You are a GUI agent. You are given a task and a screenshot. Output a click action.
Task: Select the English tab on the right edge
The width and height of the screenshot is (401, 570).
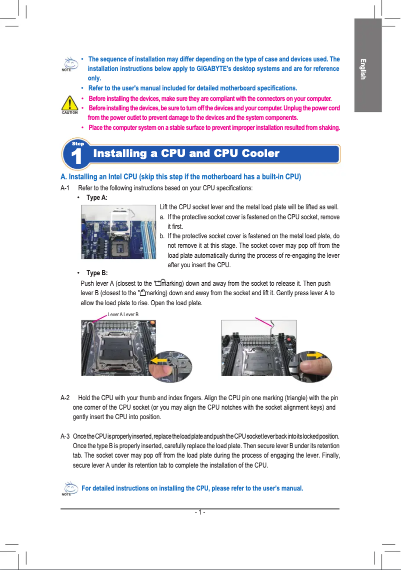point(363,69)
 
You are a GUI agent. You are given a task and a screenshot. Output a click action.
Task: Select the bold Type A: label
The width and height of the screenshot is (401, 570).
point(96,197)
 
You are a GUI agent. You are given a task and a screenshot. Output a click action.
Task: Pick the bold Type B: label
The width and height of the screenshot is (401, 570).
point(96,273)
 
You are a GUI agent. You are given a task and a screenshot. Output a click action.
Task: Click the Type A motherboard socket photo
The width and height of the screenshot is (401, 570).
point(118,231)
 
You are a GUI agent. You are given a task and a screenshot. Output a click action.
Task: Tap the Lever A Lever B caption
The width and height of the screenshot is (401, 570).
point(123,314)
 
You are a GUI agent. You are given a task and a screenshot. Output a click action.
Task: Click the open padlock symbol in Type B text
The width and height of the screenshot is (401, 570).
point(158,283)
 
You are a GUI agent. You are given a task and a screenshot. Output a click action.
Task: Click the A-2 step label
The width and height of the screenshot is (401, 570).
point(65,398)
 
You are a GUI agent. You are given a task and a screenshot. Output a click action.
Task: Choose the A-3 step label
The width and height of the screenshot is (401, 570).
point(65,436)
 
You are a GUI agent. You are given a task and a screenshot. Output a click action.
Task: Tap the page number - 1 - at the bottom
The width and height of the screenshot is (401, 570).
point(199,513)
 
